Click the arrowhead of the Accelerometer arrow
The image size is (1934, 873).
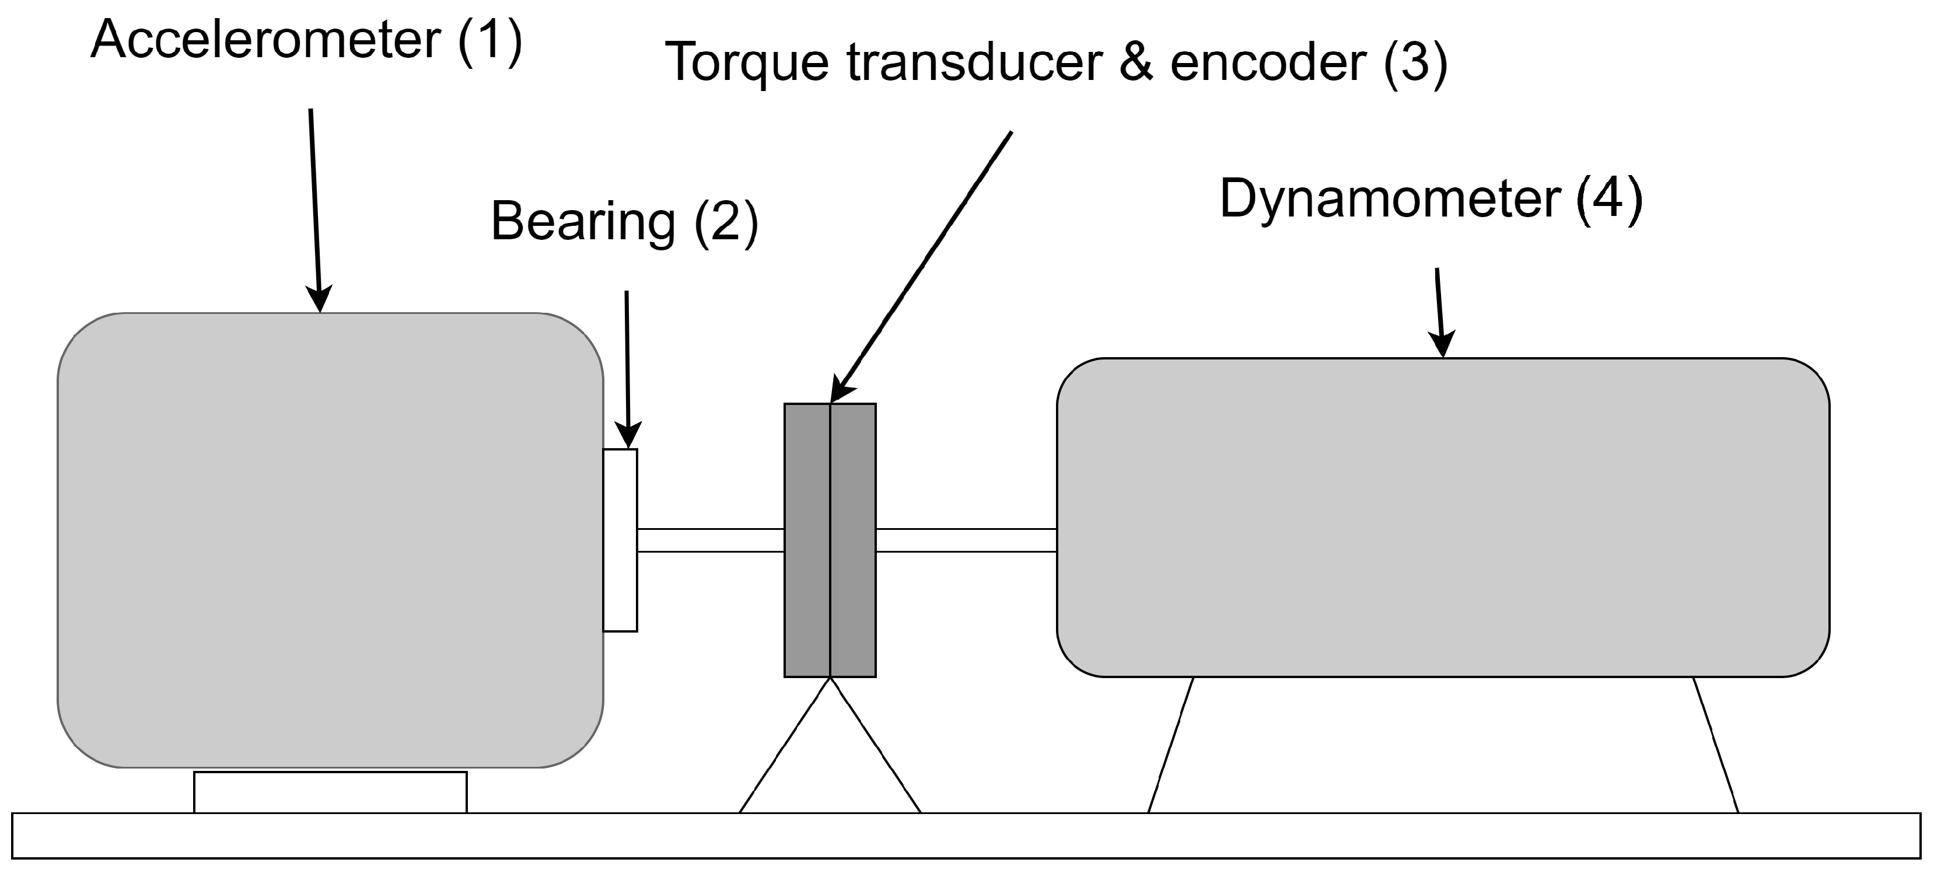320,301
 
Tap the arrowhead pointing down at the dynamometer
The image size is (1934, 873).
1442,345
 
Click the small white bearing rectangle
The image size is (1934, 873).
620,540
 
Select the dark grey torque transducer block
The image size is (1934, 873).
830,540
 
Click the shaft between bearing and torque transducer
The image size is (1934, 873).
710,540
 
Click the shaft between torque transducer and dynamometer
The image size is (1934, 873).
966,540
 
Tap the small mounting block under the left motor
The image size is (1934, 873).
330,792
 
